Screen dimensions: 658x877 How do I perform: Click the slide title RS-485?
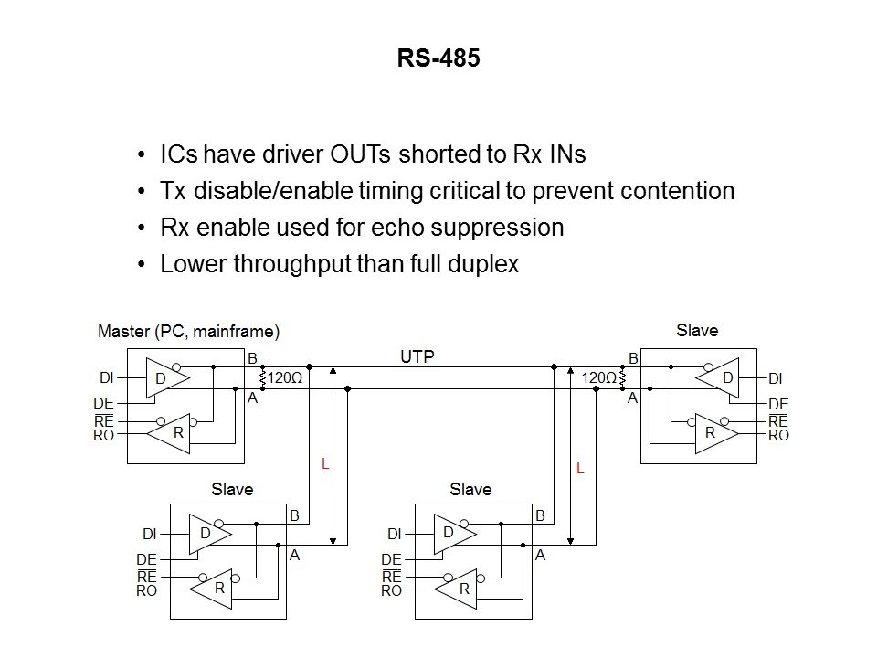[438, 59]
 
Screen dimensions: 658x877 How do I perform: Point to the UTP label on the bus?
[417, 357]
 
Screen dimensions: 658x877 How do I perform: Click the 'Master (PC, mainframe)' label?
[188, 331]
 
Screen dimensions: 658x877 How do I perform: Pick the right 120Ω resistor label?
[599, 377]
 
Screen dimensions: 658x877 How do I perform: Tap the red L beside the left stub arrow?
[324, 464]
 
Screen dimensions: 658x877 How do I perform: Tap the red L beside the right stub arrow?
[579, 468]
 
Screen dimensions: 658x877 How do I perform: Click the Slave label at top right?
[697, 331]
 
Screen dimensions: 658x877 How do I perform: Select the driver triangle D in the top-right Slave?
[722, 377]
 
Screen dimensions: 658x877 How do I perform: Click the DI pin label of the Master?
[106, 377]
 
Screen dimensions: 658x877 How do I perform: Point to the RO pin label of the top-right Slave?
[778, 436]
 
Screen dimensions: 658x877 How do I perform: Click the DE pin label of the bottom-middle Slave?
[391, 559]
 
